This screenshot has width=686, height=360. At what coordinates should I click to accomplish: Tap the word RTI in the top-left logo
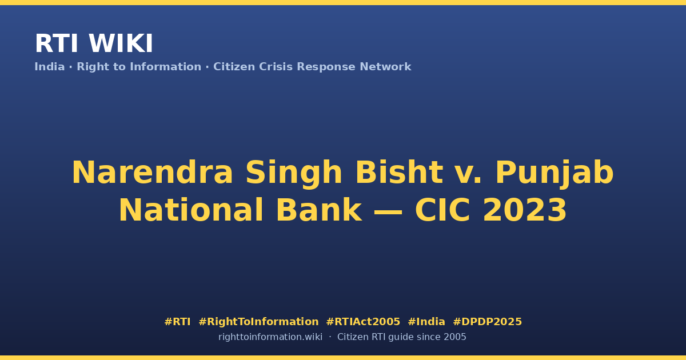(57, 43)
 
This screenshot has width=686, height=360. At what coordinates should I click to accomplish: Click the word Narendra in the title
(153, 173)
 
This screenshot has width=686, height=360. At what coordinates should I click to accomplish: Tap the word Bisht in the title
(399, 172)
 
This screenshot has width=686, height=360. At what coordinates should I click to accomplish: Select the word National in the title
(191, 210)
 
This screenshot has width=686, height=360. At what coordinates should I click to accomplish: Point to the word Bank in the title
(319, 210)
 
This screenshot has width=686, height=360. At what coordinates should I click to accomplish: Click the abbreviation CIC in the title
(442, 210)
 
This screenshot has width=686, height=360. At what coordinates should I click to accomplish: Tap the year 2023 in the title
(525, 210)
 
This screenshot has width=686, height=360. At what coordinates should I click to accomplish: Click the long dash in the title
(388, 211)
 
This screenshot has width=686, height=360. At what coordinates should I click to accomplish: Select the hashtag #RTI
(177, 322)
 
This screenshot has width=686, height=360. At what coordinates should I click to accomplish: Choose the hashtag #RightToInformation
(258, 322)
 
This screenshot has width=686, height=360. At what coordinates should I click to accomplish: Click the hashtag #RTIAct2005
(363, 322)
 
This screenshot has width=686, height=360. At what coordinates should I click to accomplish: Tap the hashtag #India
(426, 322)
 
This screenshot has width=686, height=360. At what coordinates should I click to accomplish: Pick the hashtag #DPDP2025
(487, 322)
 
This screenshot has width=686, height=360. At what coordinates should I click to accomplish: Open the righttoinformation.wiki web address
(270, 337)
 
